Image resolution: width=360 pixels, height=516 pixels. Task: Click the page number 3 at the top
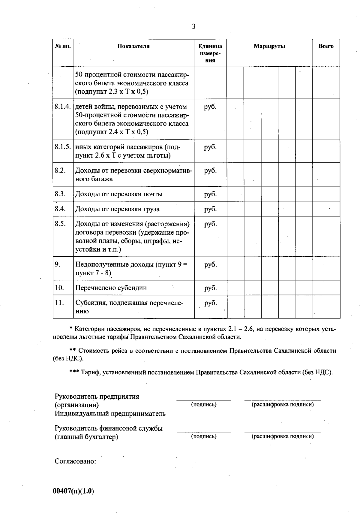(194, 27)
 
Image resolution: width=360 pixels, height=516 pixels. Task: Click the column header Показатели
(133, 46)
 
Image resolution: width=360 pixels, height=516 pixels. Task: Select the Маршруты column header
(269, 46)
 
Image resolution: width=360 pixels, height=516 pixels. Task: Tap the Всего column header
(326, 46)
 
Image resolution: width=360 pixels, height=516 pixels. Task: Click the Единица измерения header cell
(210, 53)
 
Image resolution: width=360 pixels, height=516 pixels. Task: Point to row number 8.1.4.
(63, 107)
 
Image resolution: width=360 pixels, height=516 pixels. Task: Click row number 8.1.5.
(63, 147)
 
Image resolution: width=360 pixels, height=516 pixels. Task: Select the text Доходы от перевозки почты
(119, 194)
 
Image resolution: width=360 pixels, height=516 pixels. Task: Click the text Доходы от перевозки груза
(117, 209)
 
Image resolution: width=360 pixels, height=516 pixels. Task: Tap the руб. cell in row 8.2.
(210, 171)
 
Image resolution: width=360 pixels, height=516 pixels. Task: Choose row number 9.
(58, 264)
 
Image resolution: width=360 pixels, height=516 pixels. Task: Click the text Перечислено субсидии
(111, 288)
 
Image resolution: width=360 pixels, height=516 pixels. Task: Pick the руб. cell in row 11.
(210, 303)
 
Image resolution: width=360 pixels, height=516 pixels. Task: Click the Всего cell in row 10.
(326, 288)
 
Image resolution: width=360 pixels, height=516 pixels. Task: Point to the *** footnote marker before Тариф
(74, 373)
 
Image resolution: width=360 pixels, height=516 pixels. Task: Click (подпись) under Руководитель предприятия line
(204, 404)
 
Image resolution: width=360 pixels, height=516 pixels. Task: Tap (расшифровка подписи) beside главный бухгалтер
(283, 436)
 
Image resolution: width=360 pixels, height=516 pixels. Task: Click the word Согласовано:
(75, 461)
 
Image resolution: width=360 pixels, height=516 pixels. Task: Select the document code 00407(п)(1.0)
(73, 491)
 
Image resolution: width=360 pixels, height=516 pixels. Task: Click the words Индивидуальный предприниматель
(110, 414)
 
